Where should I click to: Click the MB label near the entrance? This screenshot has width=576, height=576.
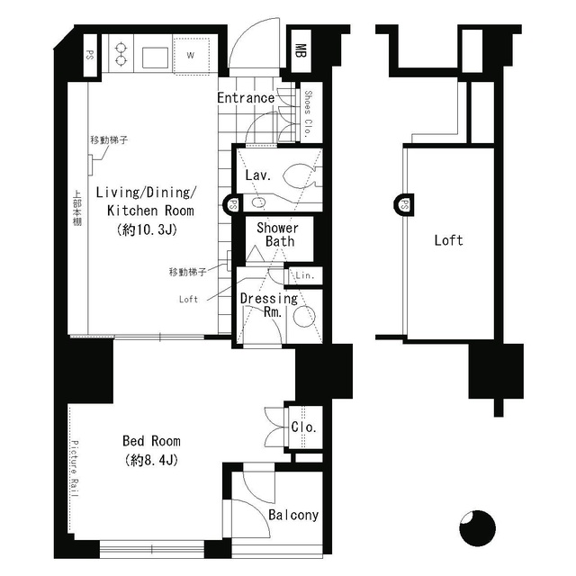[x=301, y=49]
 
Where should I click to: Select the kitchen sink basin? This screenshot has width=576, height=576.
[x=152, y=55]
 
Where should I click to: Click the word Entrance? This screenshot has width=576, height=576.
[x=246, y=98]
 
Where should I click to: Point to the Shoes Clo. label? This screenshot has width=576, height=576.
[x=308, y=112]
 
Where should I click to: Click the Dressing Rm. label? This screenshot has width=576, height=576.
[x=268, y=306]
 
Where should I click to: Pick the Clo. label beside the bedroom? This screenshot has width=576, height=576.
[x=303, y=427]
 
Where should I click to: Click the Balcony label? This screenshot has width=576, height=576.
[x=293, y=516]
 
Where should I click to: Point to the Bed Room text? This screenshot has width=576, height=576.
[x=151, y=441]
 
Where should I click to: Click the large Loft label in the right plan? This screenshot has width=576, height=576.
[x=448, y=240]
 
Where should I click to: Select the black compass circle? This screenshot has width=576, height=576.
[x=477, y=527]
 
